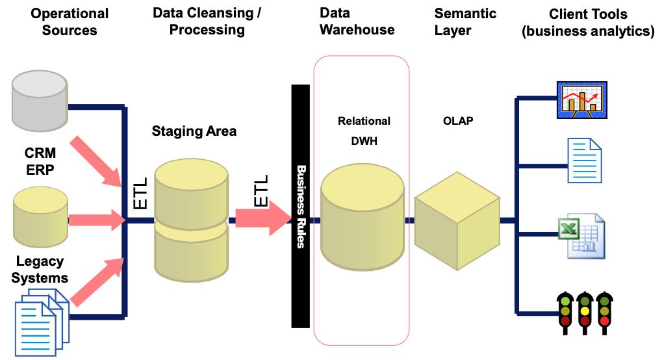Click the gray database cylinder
[x=40, y=101]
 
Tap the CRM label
[x=40, y=153]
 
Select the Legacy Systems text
[x=40, y=270]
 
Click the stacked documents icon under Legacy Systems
[x=42, y=322]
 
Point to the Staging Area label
[x=194, y=131]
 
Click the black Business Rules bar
[x=301, y=206]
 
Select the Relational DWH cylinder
[x=363, y=217]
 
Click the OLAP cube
[x=457, y=221]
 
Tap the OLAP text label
[x=458, y=121]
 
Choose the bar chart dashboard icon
[x=582, y=99]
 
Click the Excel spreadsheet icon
[x=582, y=236]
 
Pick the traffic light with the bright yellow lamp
[x=585, y=313]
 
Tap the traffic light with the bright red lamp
[x=605, y=313]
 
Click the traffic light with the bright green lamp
[x=565, y=313]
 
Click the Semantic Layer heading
[x=465, y=22]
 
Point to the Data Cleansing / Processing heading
[x=207, y=21]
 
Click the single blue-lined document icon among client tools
[x=585, y=161]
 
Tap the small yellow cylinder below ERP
[x=40, y=217]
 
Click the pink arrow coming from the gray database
[x=96, y=162]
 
